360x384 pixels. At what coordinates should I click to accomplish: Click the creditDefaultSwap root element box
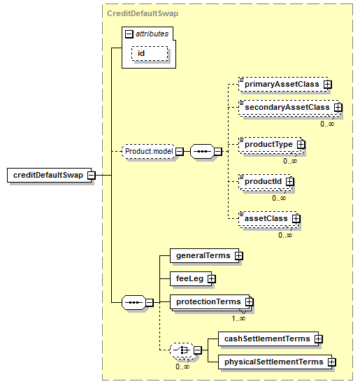pos(49,175)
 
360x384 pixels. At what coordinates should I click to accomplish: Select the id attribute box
pos(150,53)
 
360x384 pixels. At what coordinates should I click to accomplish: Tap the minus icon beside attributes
pos(129,34)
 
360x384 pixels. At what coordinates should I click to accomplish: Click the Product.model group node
pos(149,151)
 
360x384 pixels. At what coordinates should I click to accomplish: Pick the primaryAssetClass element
pos(283,84)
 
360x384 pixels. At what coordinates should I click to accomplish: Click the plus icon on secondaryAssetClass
pos(338,107)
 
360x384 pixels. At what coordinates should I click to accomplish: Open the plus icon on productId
pos(290,181)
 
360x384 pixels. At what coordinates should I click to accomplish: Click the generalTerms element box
pos(204,256)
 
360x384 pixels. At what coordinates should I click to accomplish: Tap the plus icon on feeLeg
pos(212,278)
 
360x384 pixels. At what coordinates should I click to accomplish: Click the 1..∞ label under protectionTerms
pos(238,318)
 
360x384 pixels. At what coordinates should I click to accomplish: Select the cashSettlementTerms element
pos(268,339)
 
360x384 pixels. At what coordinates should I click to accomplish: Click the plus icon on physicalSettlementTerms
pos(332,362)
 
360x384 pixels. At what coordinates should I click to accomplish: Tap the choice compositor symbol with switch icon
pos(182,350)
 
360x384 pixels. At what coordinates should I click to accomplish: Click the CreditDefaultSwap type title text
pos(143,13)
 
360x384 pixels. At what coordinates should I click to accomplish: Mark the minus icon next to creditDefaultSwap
pos(92,175)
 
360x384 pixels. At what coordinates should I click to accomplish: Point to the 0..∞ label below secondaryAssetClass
pos(327,124)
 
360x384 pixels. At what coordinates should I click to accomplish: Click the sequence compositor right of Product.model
pos(203,151)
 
